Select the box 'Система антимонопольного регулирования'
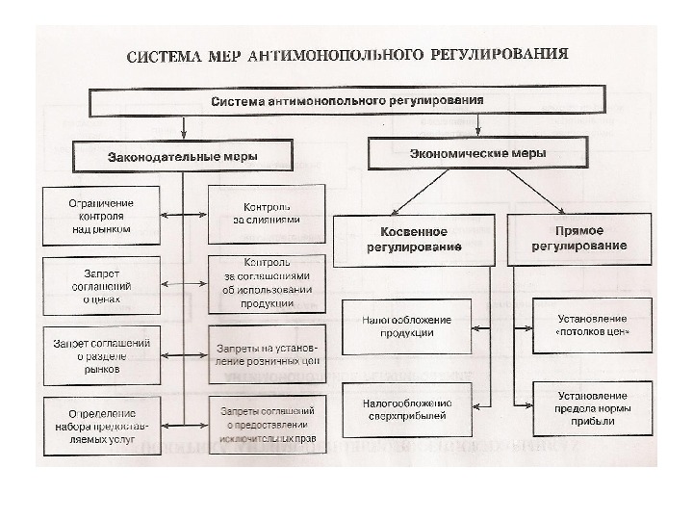347,100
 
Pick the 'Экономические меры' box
478,153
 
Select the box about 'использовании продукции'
266,283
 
